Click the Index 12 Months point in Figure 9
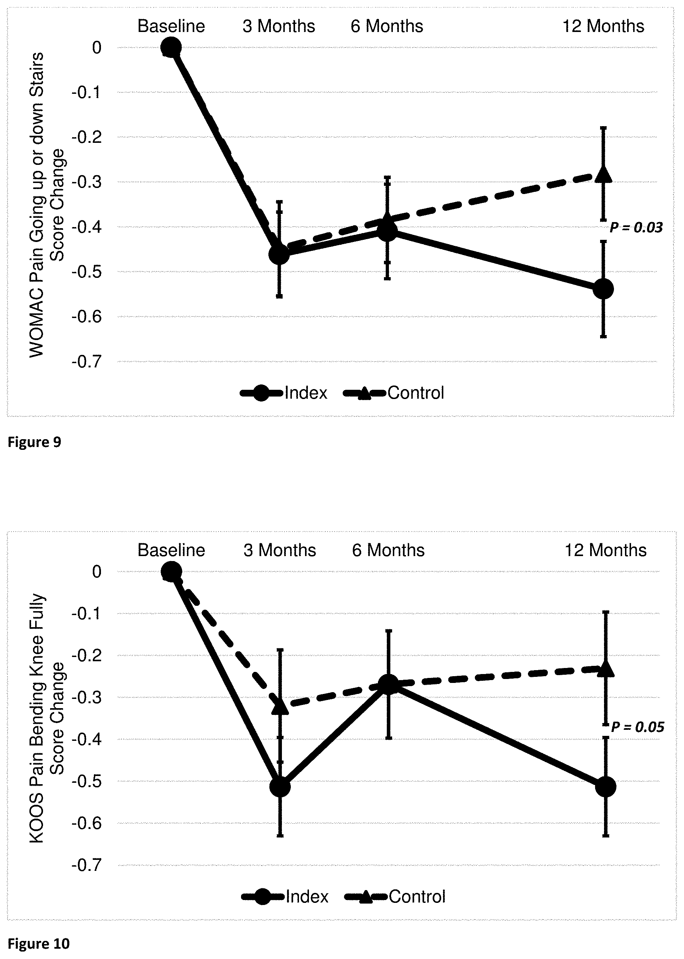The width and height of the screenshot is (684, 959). pyautogui.click(x=603, y=289)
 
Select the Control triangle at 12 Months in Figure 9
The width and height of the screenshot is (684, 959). pyautogui.click(x=603, y=174)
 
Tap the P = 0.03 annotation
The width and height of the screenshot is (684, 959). pyautogui.click(x=636, y=228)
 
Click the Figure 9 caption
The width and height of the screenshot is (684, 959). pyautogui.click(x=34, y=442)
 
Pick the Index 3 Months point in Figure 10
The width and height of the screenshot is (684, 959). pyautogui.click(x=280, y=786)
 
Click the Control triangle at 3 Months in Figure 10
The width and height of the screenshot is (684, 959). pyautogui.click(x=280, y=706)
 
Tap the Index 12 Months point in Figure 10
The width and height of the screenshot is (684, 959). pyautogui.click(x=606, y=786)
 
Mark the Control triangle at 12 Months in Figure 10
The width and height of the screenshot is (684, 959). pyautogui.click(x=606, y=668)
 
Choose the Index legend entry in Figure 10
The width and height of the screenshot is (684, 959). pyautogui.click(x=285, y=897)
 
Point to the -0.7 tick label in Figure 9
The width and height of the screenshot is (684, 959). pyautogui.click(x=87, y=362)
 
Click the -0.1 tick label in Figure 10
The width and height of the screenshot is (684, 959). pyautogui.click(x=87, y=614)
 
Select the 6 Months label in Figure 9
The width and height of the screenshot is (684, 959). pyautogui.click(x=387, y=26)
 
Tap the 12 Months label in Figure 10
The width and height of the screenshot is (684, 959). pyautogui.click(x=605, y=550)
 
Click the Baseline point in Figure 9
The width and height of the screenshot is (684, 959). pyautogui.click(x=171, y=47)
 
